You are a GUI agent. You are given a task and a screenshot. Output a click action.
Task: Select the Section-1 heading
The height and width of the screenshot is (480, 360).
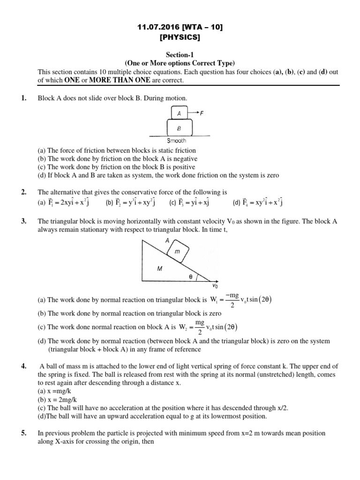pyautogui.click(x=180, y=55)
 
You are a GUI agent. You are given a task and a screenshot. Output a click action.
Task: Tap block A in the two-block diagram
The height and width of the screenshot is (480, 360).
pyautogui.click(x=178, y=113)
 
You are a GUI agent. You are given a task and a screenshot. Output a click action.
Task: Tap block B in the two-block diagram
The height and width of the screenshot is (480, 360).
pyautogui.click(x=179, y=127)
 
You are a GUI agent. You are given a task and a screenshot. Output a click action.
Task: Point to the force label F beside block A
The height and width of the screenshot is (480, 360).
pyautogui.click(x=202, y=113)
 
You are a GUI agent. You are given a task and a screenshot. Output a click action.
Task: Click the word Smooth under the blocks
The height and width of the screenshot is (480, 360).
pyautogui.click(x=177, y=140)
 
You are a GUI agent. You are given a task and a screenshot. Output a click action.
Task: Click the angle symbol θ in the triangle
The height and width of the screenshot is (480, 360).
pyautogui.click(x=190, y=277)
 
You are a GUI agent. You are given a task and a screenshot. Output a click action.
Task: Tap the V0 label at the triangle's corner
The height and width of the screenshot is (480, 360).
pyautogui.click(x=215, y=285)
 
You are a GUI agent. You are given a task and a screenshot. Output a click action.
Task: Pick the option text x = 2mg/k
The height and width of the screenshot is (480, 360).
pyautogui.click(x=57, y=400)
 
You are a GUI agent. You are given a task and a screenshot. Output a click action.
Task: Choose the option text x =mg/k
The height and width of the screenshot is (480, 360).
pyautogui.click(x=55, y=391)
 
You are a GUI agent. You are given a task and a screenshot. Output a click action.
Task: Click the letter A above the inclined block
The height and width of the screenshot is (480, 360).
pyautogui.click(x=166, y=240)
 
